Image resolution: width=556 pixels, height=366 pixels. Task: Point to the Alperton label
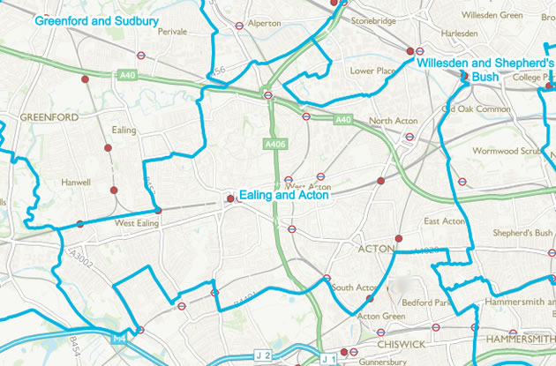click(x=265, y=24)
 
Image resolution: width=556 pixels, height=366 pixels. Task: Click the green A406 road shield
click(x=273, y=142)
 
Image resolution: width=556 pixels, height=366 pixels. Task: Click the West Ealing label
click(x=136, y=224)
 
